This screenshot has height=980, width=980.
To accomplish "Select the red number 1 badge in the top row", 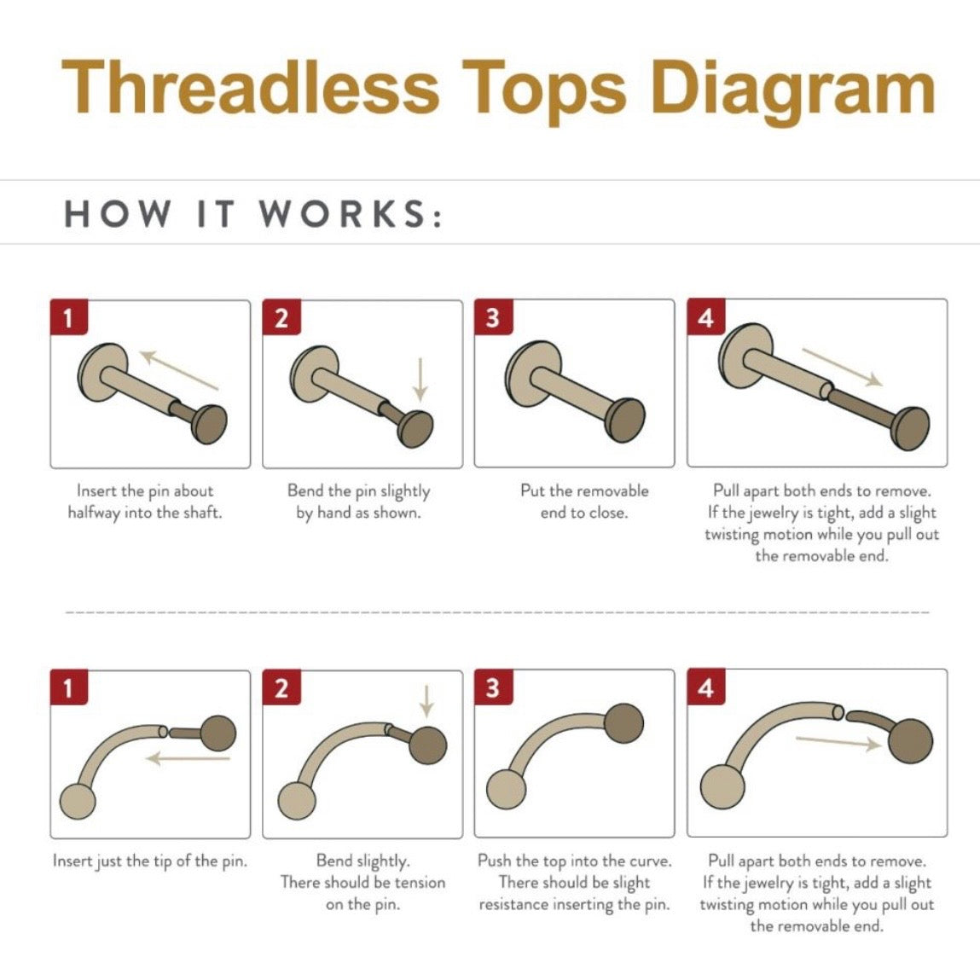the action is pyautogui.click(x=69, y=317).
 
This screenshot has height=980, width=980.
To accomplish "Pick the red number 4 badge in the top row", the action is pyautogui.click(x=706, y=317).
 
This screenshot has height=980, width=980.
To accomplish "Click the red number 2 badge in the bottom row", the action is pyautogui.click(x=281, y=687).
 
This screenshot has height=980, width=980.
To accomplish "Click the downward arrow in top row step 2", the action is pyautogui.click(x=420, y=380).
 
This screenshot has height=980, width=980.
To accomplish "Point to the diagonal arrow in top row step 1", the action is pyautogui.click(x=179, y=370).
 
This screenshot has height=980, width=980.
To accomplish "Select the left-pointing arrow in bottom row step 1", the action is pyautogui.click(x=188, y=759).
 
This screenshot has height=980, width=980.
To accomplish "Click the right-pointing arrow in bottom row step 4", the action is pyautogui.click(x=838, y=742).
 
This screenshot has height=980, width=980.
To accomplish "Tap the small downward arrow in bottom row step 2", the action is pyautogui.click(x=426, y=701).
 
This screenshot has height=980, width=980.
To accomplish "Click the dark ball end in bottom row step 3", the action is pyautogui.click(x=623, y=722).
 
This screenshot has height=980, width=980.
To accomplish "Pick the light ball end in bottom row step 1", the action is pyautogui.click(x=78, y=801).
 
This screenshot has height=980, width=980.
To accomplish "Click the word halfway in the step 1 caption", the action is pyautogui.click(x=94, y=513).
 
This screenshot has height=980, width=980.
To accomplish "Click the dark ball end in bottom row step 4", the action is pyautogui.click(x=911, y=740).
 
